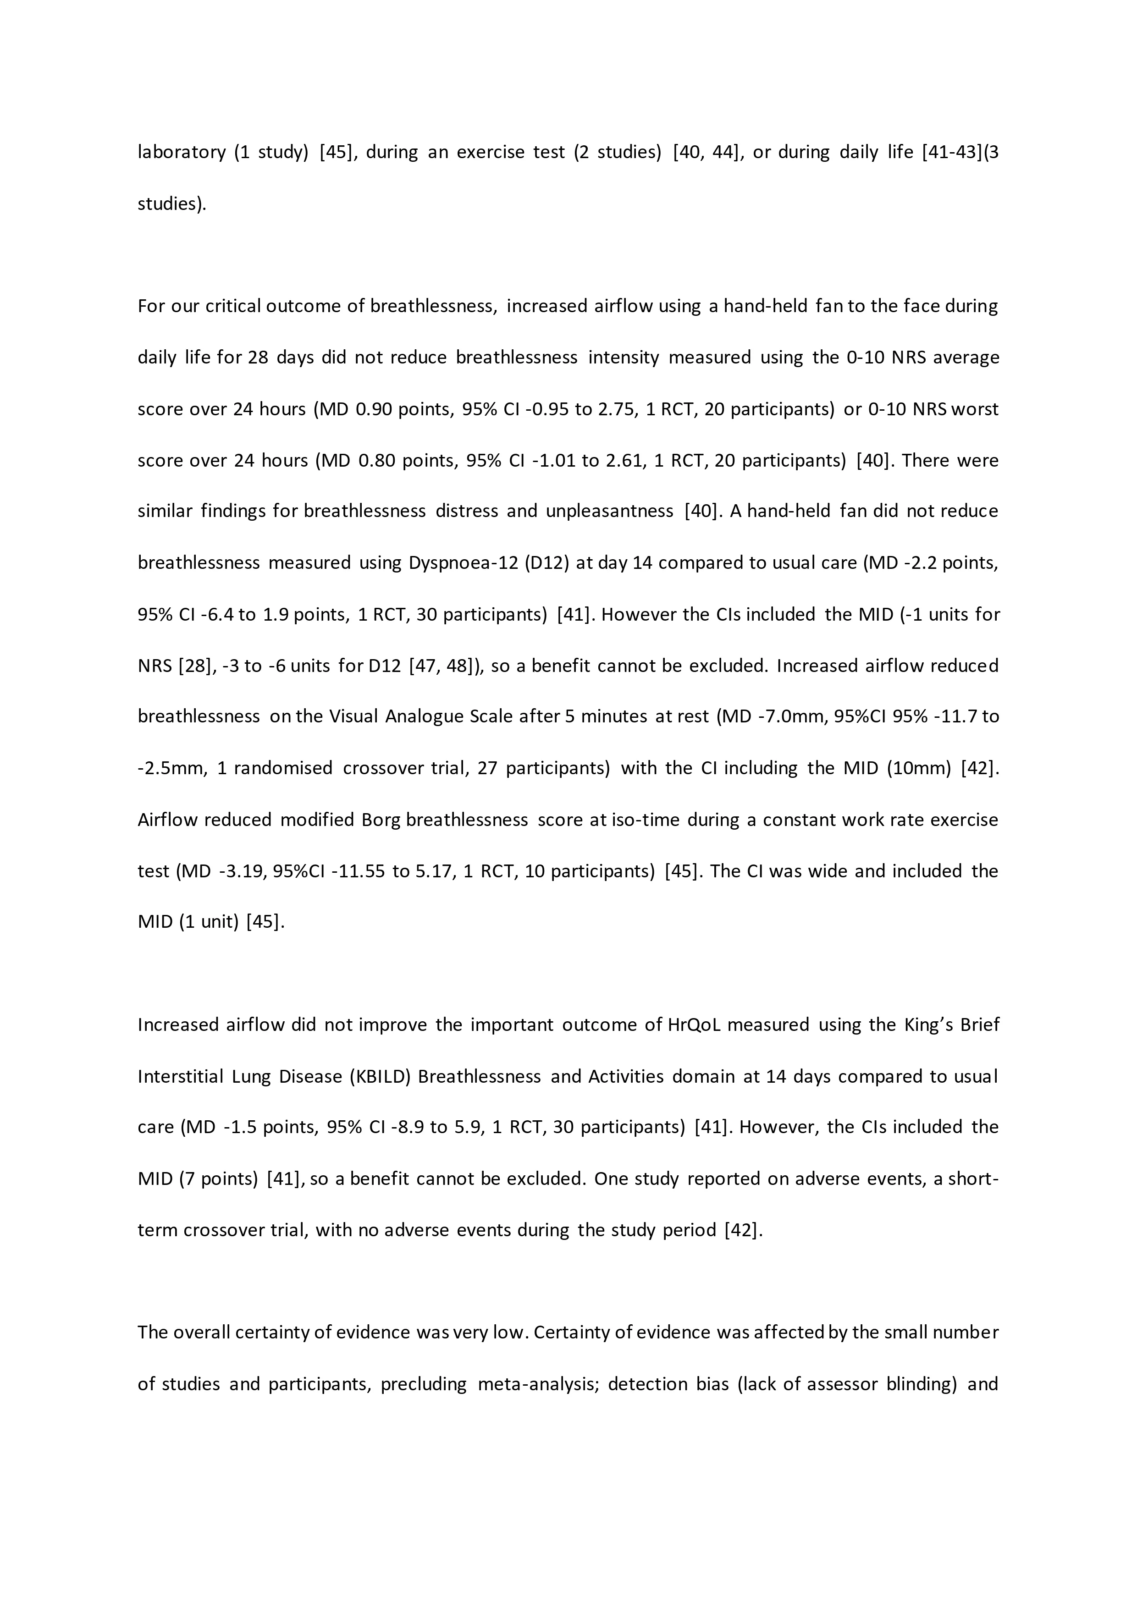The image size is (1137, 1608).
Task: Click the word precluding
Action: [423, 1385]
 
